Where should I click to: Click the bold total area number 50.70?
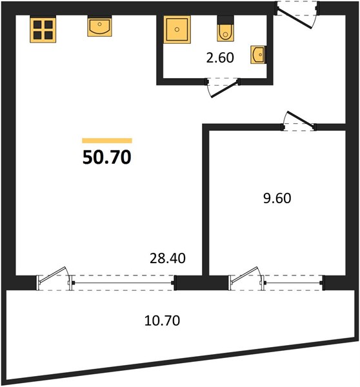[x=106, y=157]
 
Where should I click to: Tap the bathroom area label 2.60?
[x=220, y=58]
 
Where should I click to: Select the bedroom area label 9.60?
[x=277, y=198]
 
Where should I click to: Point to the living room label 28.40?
[x=168, y=259]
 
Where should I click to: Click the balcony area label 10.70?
[x=162, y=321]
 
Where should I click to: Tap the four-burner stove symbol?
[x=43, y=29]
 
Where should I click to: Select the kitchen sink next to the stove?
[x=99, y=26]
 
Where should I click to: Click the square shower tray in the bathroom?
[x=177, y=30]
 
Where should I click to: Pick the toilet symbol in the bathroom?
[x=225, y=29]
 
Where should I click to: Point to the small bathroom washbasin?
[x=258, y=55]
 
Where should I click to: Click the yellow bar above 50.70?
[x=107, y=141]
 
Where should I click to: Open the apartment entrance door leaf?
[x=294, y=19]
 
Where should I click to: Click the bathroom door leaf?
[x=225, y=88]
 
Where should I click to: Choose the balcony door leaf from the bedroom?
[x=245, y=274]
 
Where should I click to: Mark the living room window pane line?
[x=123, y=283]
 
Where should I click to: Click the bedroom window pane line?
[x=294, y=283]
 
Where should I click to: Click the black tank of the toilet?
[x=225, y=20]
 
